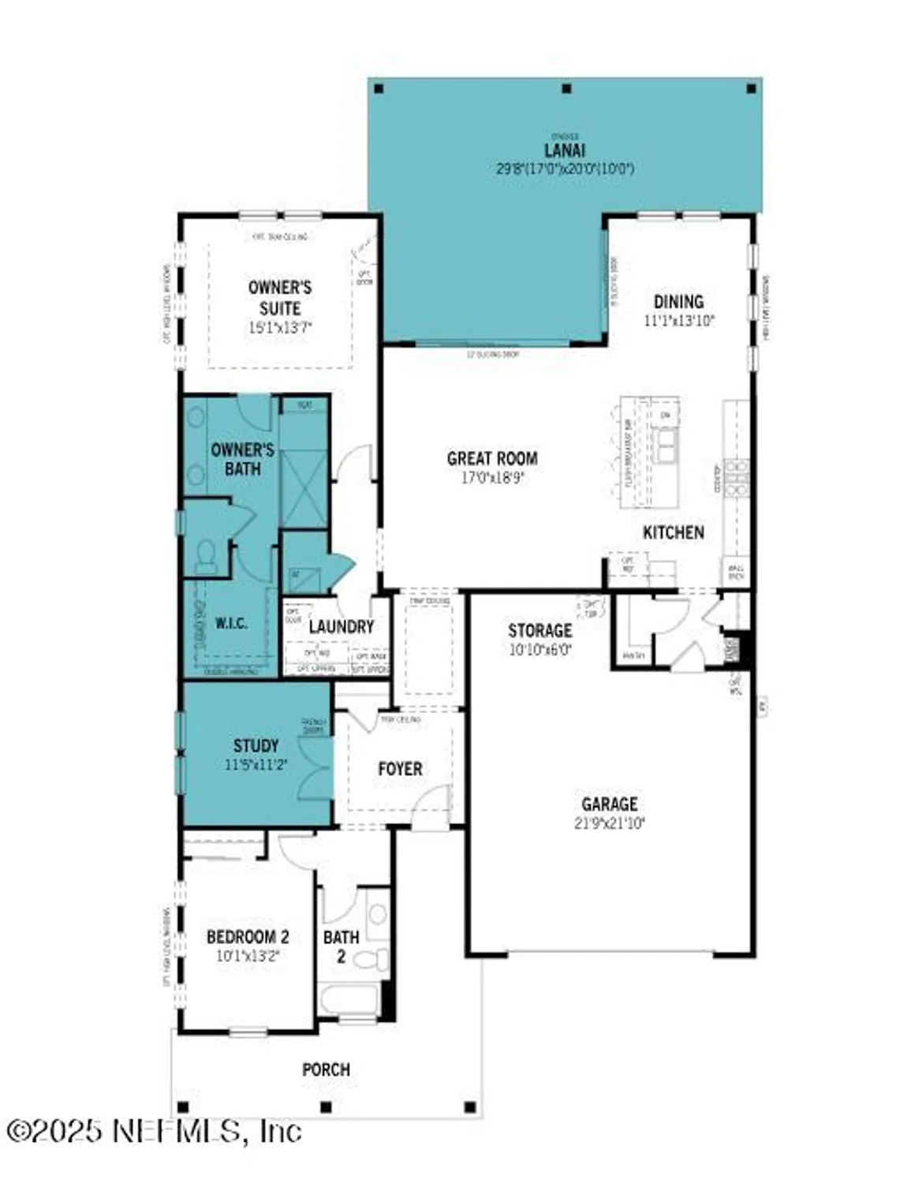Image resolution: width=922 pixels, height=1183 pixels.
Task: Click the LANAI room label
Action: pos(565,150)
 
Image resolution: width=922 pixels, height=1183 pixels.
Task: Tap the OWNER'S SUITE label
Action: pos(280,298)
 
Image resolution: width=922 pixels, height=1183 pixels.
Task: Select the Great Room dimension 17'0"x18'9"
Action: pos(492,477)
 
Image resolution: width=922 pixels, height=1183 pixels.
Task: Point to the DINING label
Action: pos(678,301)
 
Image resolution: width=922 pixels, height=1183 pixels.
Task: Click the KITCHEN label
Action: pos(674,532)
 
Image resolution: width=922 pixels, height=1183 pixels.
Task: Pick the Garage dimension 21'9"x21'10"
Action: pos(609,823)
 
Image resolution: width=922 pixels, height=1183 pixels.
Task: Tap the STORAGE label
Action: pos(540,630)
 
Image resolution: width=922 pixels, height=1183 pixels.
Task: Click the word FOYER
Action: pos(400,768)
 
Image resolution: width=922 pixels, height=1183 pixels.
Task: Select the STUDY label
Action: pos(256,745)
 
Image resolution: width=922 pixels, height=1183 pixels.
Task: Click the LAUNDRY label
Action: pos(341,626)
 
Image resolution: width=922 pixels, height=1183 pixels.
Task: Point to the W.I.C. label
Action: pos(231,623)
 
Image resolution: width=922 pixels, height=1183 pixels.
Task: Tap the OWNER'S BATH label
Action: pos(242,459)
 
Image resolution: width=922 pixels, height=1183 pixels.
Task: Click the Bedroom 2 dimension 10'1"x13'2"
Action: pos(248,956)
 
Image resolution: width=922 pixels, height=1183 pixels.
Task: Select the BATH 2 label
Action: pos(341,946)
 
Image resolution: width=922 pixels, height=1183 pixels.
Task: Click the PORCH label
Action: pos(326,1069)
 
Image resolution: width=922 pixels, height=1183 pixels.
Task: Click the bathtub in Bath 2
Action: pos(349,1000)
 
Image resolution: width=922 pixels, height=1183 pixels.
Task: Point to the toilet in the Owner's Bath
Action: pos(207,555)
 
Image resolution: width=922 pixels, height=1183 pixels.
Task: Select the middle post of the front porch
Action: pos(326,1107)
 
